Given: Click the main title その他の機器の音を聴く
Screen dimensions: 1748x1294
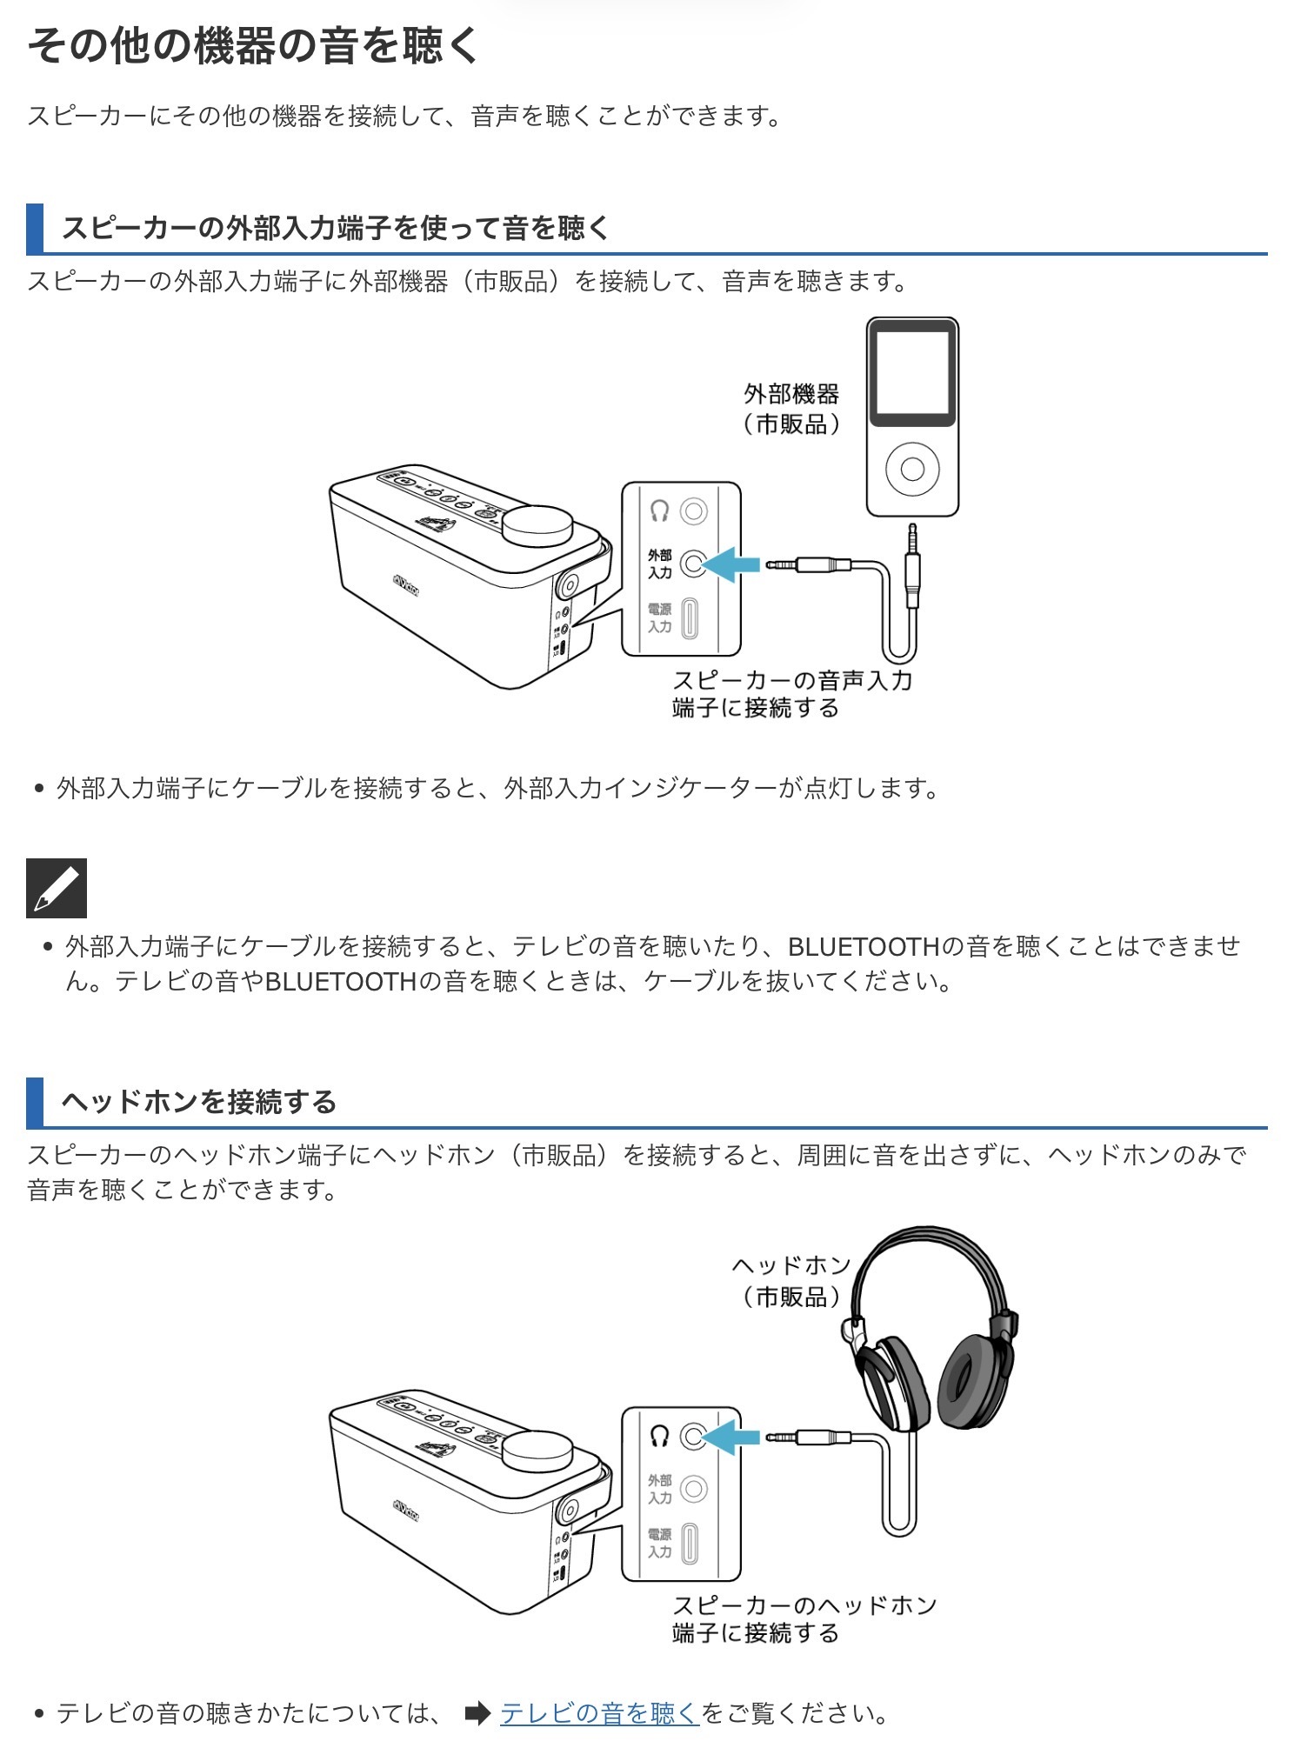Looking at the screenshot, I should click(x=253, y=45).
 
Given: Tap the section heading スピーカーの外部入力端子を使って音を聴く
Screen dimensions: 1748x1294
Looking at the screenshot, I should click(x=336, y=228).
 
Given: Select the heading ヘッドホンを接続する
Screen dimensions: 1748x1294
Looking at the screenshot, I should click(x=199, y=1102).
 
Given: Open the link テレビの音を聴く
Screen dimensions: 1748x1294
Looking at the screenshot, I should click(x=599, y=1713).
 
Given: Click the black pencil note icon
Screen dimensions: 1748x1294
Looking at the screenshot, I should click(x=57, y=888).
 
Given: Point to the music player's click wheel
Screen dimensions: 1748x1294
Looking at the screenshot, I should click(x=912, y=469).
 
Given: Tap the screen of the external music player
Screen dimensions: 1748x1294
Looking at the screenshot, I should click(x=912, y=372).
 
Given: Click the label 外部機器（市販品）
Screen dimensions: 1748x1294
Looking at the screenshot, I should click(x=791, y=409).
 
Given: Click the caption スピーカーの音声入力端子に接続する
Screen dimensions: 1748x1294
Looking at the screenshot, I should click(x=791, y=694).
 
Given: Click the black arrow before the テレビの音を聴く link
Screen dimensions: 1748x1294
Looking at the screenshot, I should click(x=477, y=1713).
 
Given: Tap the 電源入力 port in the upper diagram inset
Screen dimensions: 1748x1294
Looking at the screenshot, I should click(x=690, y=618).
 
